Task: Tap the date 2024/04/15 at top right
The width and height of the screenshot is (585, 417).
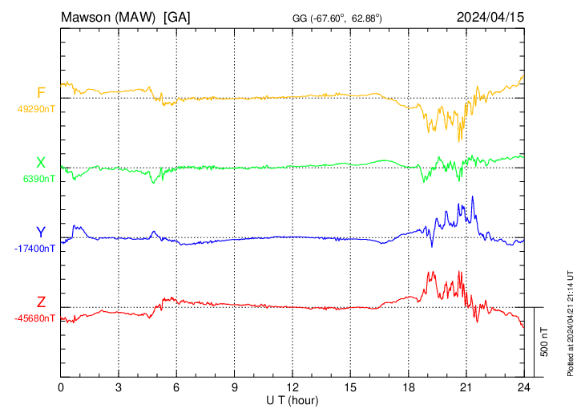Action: pyautogui.click(x=490, y=16)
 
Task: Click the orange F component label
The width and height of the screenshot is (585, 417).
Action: pyautogui.click(x=41, y=93)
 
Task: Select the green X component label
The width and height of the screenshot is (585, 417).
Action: pyautogui.click(x=41, y=163)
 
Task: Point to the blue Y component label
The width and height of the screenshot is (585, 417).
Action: pyautogui.click(x=41, y=233)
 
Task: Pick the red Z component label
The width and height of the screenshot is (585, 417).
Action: pyautogui.click(x=41, y=302)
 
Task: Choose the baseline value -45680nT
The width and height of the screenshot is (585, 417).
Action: pyautogui.click(x=34, y=318)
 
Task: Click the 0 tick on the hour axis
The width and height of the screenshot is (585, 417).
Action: pyautogui.click(x=61, y=387)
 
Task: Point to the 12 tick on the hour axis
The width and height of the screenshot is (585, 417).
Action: pyautogui.click(x=292, y=387)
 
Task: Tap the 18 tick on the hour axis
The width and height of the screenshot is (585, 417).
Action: pyautogui.click(x=407, y=387)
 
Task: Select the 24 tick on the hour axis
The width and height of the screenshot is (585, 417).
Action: pyautogui.click(x=522, y=387)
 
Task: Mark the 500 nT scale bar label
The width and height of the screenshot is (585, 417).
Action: pyautogui.click(x=545, y=342)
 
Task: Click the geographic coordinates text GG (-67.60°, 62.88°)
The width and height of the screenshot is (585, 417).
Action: pyautogui.click(x=337, y=18)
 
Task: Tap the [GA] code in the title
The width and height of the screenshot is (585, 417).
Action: pyautogui.click(x=176, y=16)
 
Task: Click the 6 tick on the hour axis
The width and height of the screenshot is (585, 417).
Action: pyautogui.click(x=176, y=387)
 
